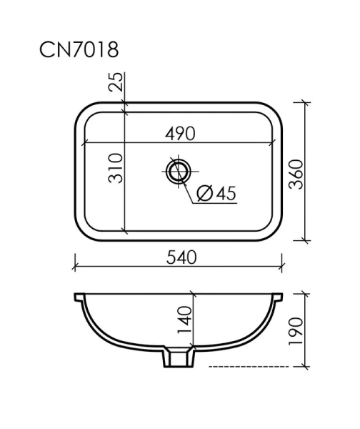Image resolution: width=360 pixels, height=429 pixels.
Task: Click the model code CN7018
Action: tap(79, 50)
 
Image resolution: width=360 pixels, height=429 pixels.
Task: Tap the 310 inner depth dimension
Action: tap(116, 168)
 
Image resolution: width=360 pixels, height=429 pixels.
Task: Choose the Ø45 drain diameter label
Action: tap(215, 193)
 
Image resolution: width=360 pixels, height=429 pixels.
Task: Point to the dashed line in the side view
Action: tap(250, 365)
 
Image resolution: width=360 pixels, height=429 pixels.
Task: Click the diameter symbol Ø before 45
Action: tap(202, 193)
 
